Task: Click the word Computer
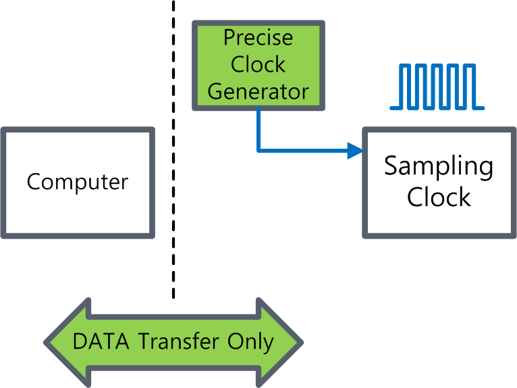point(78,182)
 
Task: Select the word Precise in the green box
point(258,38)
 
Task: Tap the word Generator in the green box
point(258,91)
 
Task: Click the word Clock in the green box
point(258,65)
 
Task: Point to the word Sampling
point(439,167)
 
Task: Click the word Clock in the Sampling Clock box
point(439,197)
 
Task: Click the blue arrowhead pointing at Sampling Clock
point(355,150)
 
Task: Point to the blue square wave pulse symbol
point(437,87)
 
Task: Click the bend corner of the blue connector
point(258,150)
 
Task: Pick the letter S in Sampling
point(391,166)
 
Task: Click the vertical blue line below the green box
point(258,128)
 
